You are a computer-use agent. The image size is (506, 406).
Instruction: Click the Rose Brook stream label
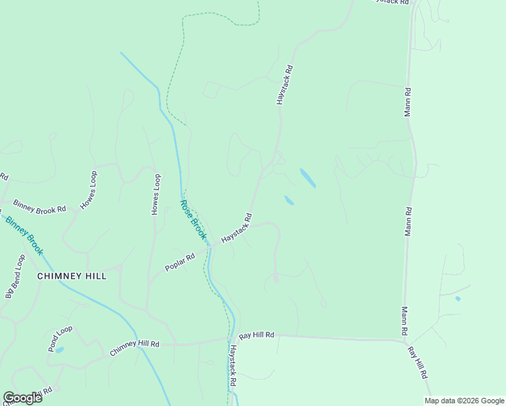(193, 219)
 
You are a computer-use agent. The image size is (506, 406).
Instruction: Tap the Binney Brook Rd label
(40, 206)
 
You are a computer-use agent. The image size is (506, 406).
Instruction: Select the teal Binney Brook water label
(24, 235)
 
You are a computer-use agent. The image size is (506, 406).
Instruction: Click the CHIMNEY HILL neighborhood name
(72, 276)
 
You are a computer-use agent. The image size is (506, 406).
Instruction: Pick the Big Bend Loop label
(15, 277)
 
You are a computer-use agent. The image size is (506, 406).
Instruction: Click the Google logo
(22, 398)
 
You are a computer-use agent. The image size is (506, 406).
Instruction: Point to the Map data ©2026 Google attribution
(464, 401)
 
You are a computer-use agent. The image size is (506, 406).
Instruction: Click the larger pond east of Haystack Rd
(307, 178)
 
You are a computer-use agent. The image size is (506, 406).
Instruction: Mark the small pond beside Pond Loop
(60, 350)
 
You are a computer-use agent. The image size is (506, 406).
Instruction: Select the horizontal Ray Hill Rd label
(256, 335)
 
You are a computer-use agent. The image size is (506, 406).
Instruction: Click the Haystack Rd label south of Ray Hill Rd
(232, 365)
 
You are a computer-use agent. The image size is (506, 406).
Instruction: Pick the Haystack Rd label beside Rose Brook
(237, 229)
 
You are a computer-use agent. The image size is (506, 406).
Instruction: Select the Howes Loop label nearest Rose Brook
(156, 195)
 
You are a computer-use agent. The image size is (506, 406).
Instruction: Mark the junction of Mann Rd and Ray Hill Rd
(404, 340)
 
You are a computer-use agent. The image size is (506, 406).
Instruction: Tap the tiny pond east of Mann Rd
(458, 298)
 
